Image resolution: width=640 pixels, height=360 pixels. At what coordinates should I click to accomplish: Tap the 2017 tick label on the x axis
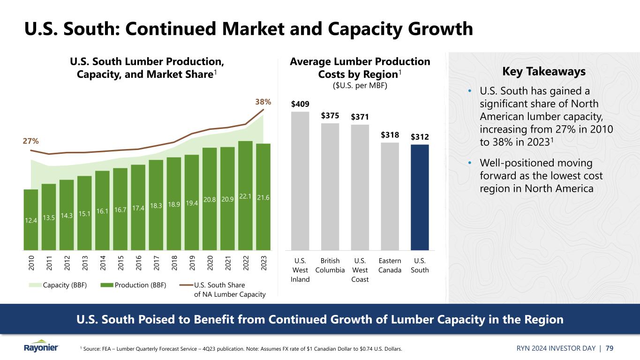click(156, 264)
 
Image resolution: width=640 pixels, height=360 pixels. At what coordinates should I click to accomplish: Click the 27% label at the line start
click(31, 141)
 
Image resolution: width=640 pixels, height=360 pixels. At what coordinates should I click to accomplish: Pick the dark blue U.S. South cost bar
click(420, 197)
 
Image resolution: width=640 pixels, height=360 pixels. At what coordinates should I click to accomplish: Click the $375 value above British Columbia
click(330, 115)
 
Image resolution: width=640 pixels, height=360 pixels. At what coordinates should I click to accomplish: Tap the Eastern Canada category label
click(390, 265)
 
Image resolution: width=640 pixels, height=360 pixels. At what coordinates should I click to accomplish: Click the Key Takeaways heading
click(544, 72)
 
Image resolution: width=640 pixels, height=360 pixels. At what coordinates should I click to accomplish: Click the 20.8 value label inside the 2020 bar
click(210, 199)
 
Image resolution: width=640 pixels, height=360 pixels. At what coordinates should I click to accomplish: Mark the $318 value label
click(390, 135)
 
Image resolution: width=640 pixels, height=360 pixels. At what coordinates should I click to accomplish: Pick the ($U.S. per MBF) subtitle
click(360, 86)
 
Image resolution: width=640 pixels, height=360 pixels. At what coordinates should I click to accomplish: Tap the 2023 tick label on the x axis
click(264, 264)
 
